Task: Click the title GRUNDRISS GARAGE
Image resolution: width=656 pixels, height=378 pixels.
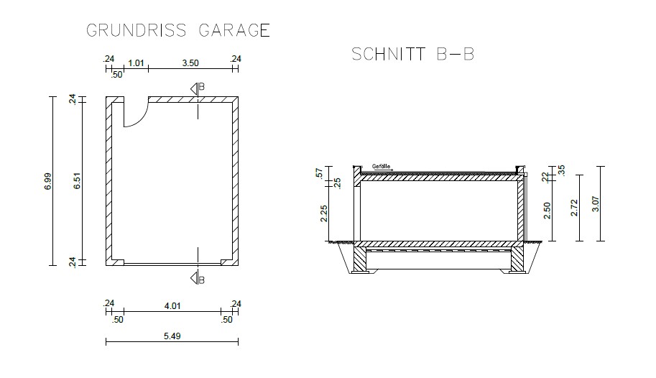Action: tap(178, 31)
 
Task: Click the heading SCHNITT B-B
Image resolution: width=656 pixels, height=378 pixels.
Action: tap(412, 55)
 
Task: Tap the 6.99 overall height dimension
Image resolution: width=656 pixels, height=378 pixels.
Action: tap(47, 181)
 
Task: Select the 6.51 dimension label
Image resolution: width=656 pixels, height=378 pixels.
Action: tap(77, 181)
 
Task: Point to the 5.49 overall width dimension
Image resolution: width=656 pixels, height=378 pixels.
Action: tap(172, 336)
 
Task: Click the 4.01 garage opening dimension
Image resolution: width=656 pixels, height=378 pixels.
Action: tap(172, 306)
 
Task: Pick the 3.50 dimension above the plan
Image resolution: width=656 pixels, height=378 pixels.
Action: tap(190, 63)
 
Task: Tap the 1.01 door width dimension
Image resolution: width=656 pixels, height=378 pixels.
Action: tap(136, 63)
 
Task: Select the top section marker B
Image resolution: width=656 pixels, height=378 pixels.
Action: tap(198, 88)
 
